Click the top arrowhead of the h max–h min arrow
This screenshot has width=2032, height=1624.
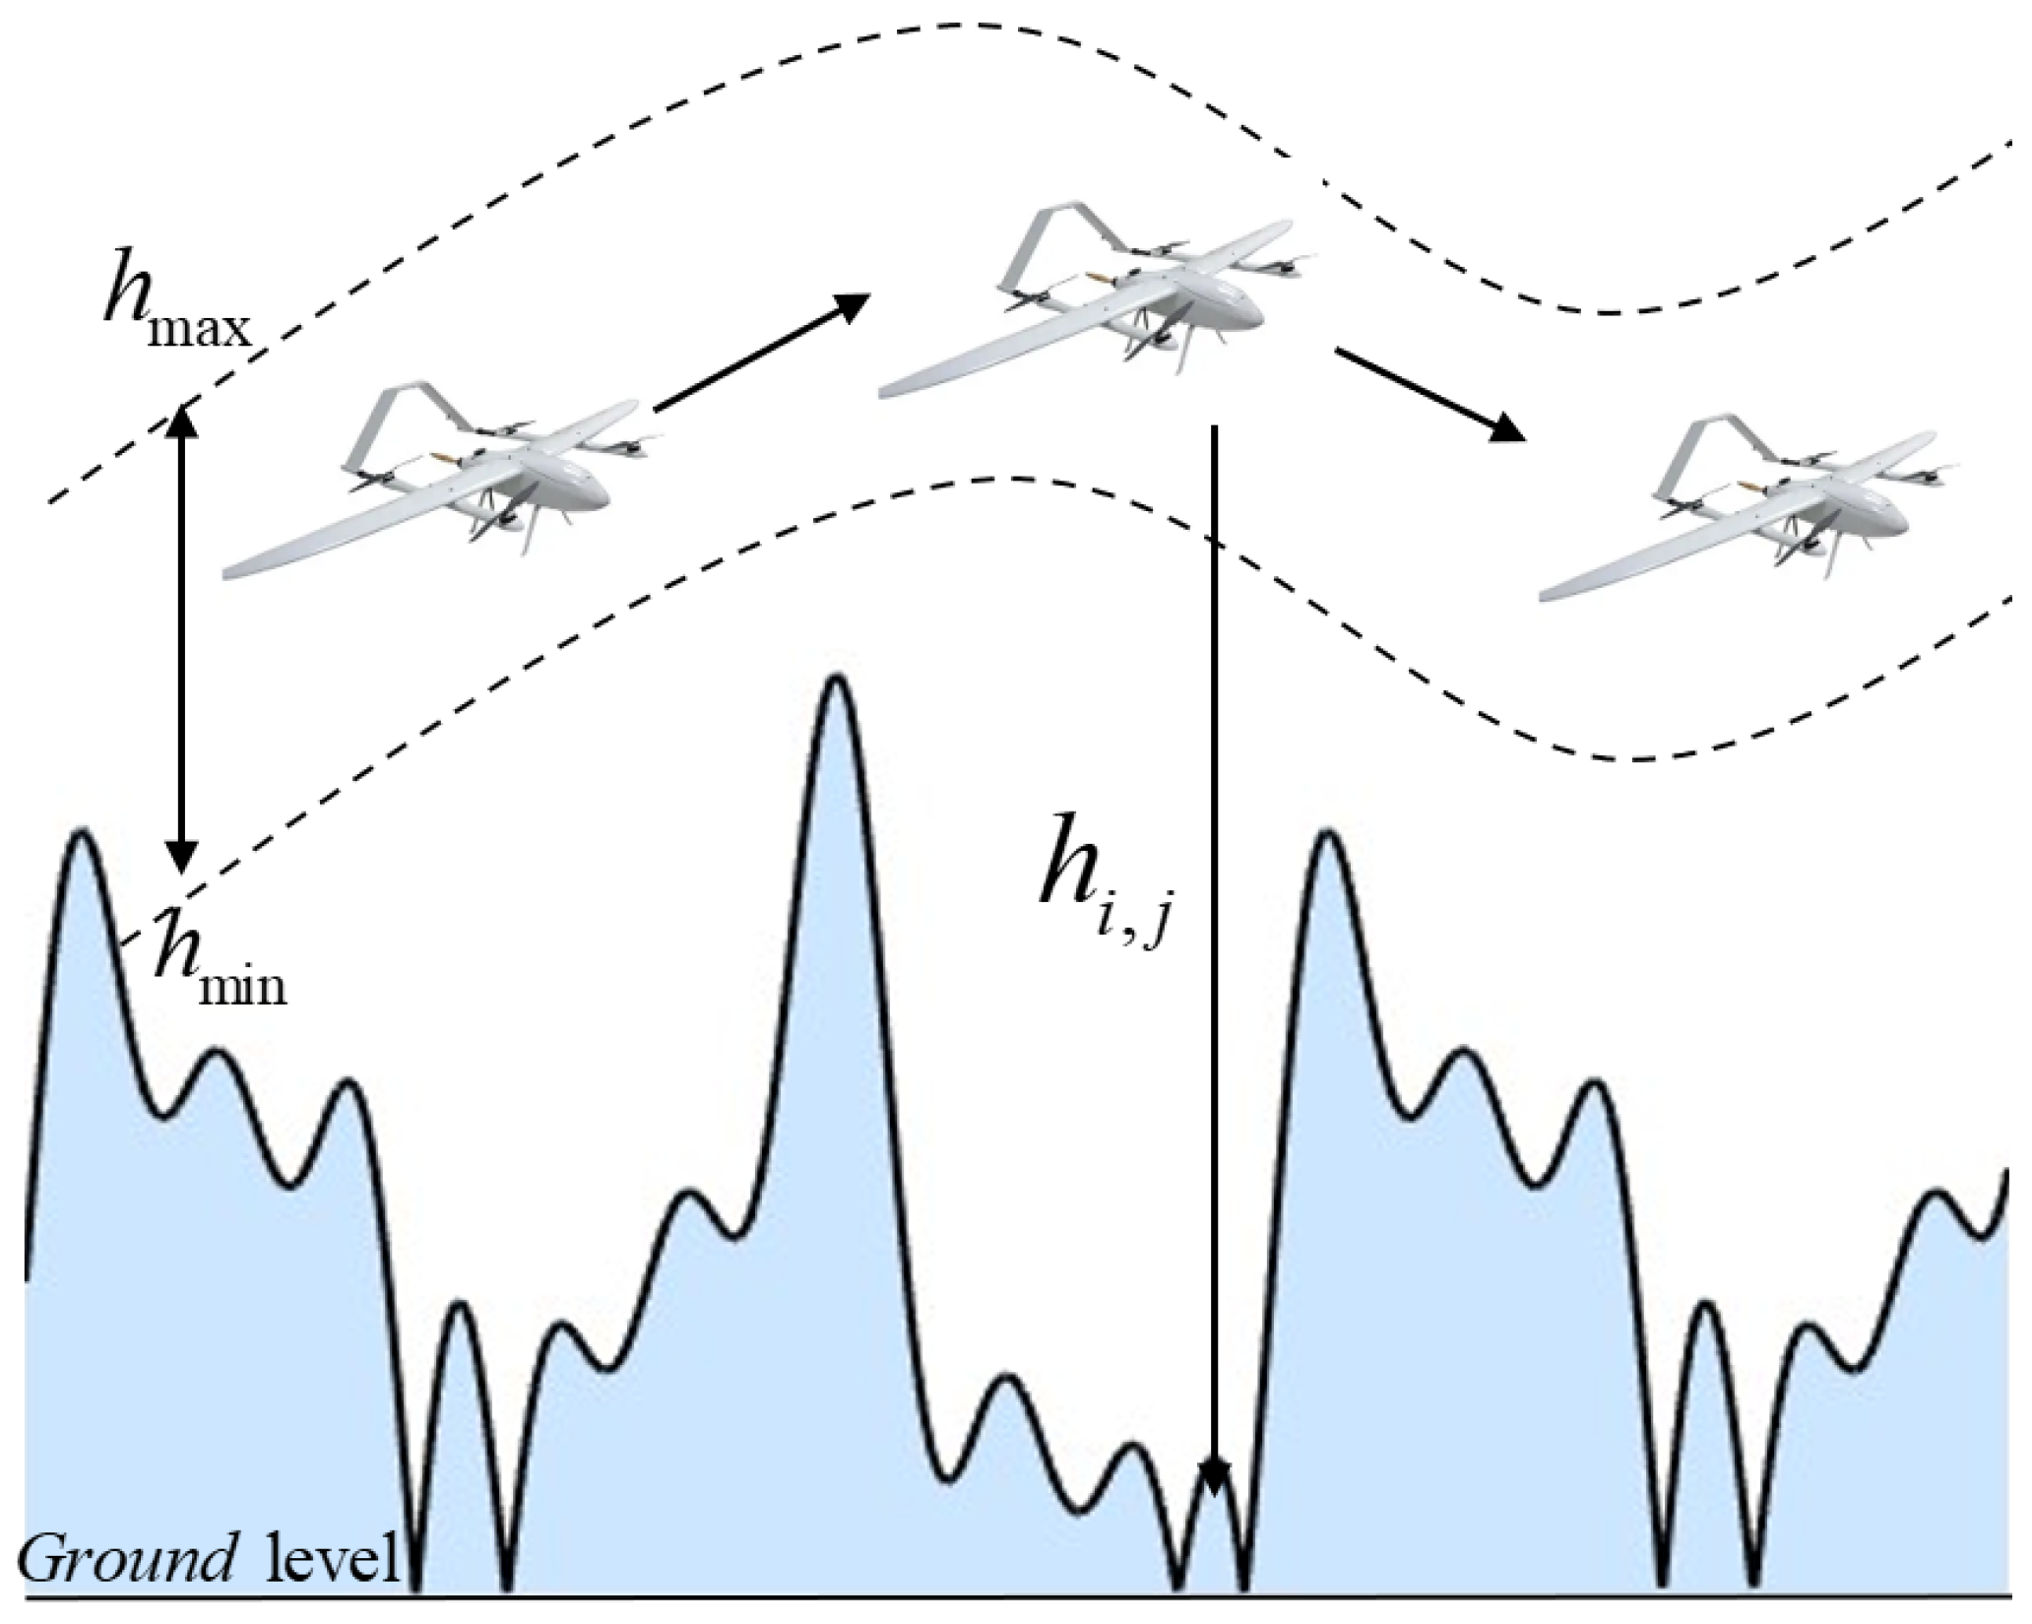coord(180,420)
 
